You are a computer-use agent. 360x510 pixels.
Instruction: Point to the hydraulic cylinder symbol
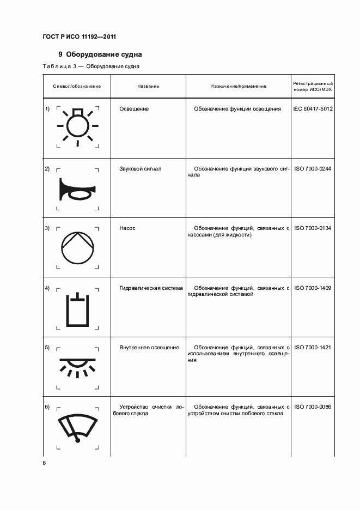tap(78, 310)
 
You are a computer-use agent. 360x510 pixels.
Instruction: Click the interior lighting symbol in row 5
tap(78, 366)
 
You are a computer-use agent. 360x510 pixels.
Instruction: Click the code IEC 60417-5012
tap(313, 109)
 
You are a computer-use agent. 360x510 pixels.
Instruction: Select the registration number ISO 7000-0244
tap(313, 169)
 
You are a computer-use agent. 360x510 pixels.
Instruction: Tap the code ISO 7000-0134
tap(313, 228)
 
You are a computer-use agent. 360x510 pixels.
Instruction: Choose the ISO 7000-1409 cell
tap(313, 288)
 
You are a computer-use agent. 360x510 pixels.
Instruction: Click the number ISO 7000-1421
tap(313, 348)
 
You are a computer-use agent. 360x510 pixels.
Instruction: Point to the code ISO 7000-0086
tap(313, 407)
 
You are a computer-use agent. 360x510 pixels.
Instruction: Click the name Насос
tap(127, 228)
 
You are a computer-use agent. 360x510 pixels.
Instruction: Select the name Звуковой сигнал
tap(141, 169)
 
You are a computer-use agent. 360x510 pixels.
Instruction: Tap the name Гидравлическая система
tap(151, 288)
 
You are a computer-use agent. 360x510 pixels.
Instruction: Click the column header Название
tap(148, 86)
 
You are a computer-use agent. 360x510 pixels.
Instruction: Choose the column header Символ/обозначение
tap(77, 86)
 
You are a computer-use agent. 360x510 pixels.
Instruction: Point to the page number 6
tap(45, 463)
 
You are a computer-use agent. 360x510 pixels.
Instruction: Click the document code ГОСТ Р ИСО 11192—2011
tap(79, 37)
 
